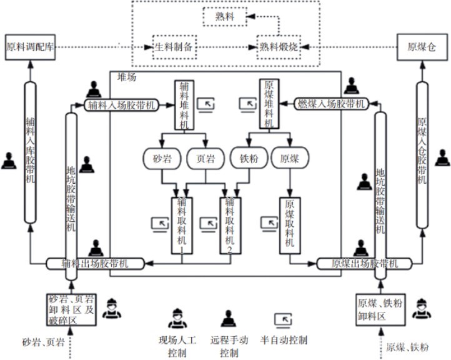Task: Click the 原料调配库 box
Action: click(32, 47)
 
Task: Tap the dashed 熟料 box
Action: click(225, 17)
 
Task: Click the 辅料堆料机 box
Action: click(184, 104)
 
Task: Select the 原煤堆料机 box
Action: click(268, 104)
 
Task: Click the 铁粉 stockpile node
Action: click(246, 159)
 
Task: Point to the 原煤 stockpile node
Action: click(289, 159)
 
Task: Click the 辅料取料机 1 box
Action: click(182, 226)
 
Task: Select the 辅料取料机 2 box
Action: click(229, 226)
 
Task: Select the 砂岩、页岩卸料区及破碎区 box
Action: click(71, 309)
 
